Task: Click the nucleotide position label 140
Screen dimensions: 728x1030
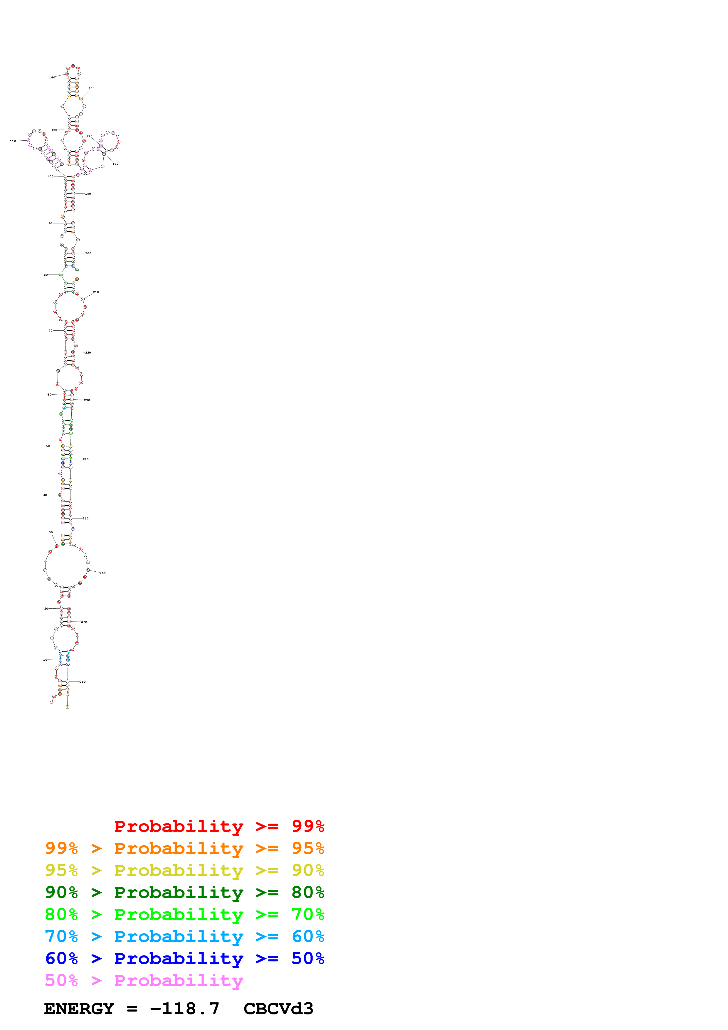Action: pos(52,78)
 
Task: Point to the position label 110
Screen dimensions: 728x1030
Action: pos(13,141)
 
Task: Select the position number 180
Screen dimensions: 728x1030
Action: pos(115,164)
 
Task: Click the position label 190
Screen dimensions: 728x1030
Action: pos(88,194)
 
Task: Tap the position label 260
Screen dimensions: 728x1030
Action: pos(103,573)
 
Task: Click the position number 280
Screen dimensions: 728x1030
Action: pos(83,682)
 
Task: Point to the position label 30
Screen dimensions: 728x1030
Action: pos(51,533)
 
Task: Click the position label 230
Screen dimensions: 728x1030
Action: pos(87,400)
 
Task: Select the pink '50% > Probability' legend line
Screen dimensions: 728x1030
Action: pos(144,981)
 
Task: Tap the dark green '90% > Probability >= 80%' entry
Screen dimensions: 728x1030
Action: pos(184,893)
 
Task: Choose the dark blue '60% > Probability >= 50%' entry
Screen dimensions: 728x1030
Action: pos(184,959)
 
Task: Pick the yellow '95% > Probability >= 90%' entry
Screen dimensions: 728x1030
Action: pos(184,871)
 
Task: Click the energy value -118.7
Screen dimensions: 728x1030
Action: pos(185,1009)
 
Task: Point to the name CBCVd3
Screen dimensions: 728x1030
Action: pos(278,1009)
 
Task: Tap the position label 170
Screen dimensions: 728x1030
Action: pos(89,136)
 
